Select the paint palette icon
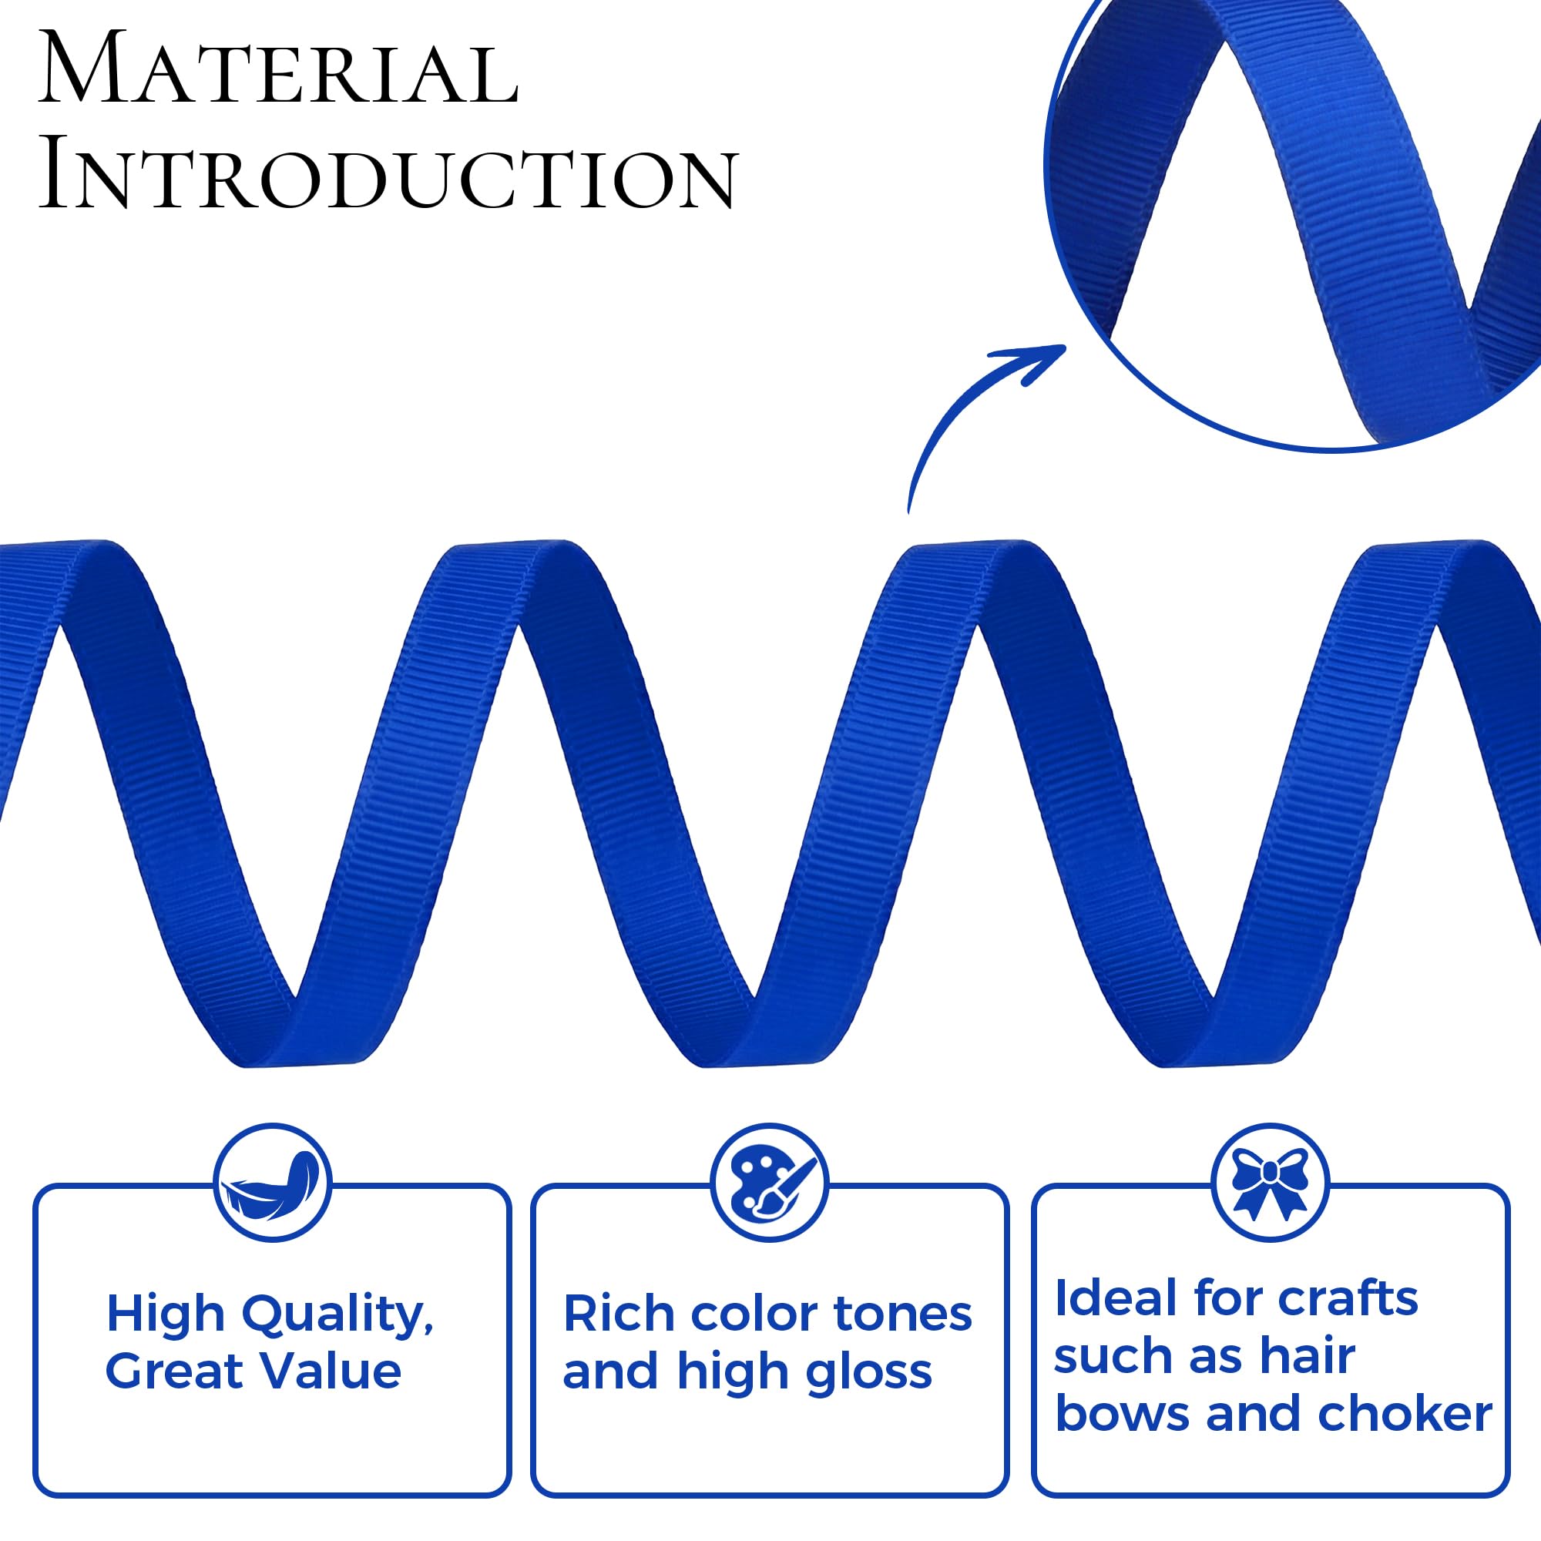(770, 1182)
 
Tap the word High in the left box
(166, 1313)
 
